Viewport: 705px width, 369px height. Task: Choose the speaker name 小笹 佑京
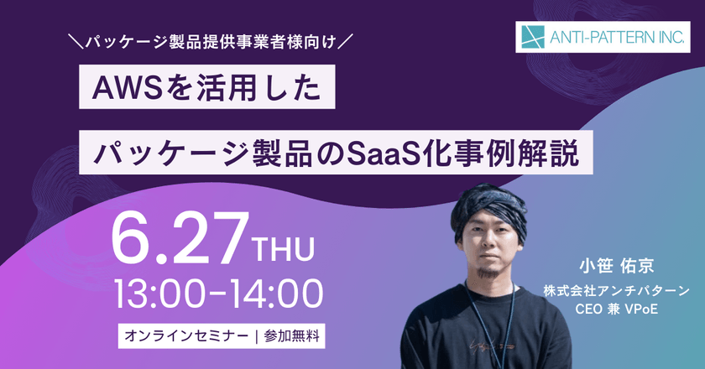[619, 268]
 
